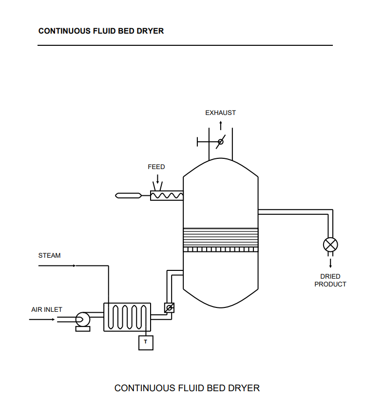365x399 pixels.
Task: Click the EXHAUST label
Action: tap(220, 113)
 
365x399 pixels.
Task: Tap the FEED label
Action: tap(156, 167)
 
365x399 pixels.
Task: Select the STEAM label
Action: tap(49, 255)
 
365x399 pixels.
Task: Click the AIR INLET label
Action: tap(47, 309)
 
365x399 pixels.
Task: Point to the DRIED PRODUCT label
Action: tap(330, 280)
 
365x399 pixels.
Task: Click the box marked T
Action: tap(145, 342)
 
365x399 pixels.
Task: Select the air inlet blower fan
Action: tap(82, 320)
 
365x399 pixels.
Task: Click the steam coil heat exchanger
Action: tap(127, 317)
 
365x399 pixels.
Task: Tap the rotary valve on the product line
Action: tap(330, 245)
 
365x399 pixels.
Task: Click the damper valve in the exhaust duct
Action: tap(220, 142)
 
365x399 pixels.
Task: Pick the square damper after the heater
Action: tap(169, 308)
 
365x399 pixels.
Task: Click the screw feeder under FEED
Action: tap(166, 195)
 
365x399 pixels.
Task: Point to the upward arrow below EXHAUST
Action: tap(220, 125)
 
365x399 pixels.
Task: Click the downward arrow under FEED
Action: tap(157, 179)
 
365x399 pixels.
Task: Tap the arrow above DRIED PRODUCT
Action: tap(330, 263)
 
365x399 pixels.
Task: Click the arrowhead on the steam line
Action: tap(74, 266)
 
